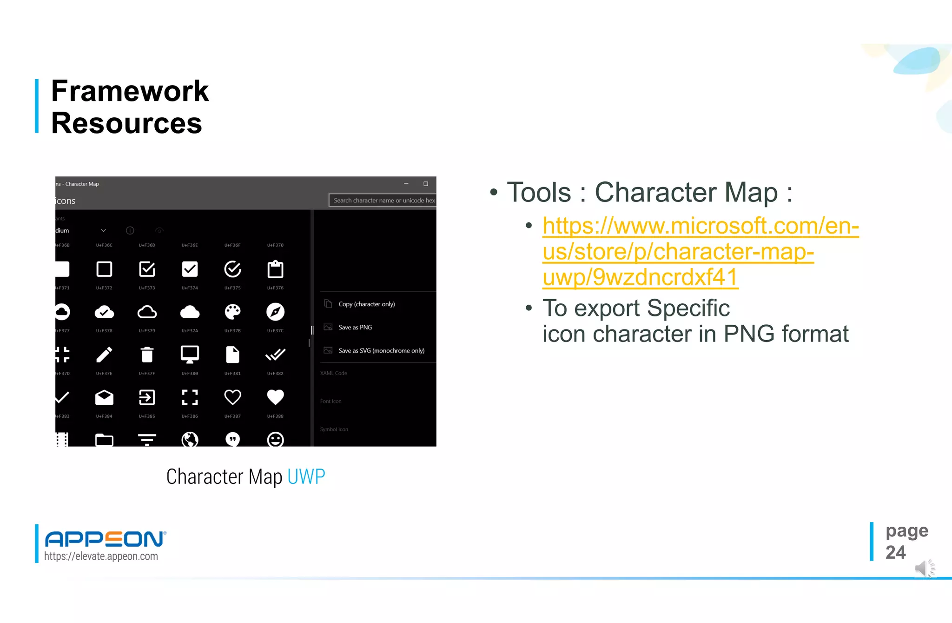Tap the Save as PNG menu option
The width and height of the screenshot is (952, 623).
(355, 328)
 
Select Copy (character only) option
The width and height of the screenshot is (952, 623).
(366, 304)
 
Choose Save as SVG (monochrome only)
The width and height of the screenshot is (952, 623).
(381, 351)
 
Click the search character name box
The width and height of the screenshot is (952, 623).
(383, 201)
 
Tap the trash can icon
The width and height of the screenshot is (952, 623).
(147, 355)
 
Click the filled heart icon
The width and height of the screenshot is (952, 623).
(275, 397)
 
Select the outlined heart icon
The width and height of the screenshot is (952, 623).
(232, 397)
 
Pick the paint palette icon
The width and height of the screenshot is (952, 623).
(232, 312)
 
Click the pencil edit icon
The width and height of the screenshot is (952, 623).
(104, 355)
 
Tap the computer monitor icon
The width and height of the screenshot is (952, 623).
(190, 355)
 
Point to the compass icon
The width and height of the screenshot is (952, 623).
(275, 312)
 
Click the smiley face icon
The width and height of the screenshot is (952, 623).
(275, 439)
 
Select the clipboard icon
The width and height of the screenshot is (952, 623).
(275, 269)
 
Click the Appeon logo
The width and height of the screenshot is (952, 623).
(105, 539)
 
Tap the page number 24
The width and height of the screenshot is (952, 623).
(895, 553)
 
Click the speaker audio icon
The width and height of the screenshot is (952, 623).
(924, 569)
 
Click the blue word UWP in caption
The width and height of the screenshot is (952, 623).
(306, 477)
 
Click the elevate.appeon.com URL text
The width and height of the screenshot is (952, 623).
(101, 556)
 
